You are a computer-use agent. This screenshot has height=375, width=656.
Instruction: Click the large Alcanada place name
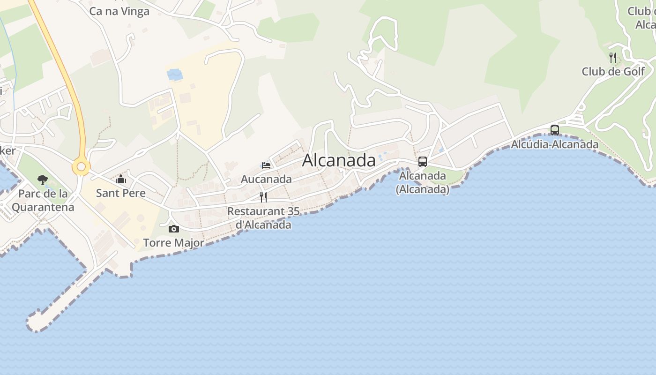(339, 160)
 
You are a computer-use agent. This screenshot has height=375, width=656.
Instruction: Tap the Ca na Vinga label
(119, 11)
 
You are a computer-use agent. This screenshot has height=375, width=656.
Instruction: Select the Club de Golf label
(613, 72)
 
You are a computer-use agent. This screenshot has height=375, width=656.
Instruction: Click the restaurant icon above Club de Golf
(613, 58)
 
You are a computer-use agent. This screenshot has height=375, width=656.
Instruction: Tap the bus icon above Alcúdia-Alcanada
(555, 130)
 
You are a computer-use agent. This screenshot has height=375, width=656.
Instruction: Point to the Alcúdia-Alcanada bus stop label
(555, 144)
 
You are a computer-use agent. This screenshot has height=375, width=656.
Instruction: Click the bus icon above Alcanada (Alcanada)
(423, 162)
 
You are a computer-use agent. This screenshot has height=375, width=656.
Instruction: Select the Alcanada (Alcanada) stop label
(423, 183)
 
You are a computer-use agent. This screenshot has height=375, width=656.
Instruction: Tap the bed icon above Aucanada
(266, 165)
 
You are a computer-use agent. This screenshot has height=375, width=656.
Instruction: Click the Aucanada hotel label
(266, 179)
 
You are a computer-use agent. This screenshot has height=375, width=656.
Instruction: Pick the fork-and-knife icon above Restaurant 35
(263, 197)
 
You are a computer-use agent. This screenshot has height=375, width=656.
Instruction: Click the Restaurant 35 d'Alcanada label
(263, 218)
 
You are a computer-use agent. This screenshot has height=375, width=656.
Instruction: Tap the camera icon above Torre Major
(174, 229)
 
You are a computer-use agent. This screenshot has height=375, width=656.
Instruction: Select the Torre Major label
(174, 243)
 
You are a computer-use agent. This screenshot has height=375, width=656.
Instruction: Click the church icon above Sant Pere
(121, 179)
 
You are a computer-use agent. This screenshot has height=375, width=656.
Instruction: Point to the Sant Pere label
(121, 193)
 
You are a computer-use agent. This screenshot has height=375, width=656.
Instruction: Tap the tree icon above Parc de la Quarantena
(43, 180)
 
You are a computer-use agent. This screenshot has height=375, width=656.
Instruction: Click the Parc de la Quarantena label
(43, 200)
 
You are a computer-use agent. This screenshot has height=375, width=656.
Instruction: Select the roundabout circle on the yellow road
(81, 166)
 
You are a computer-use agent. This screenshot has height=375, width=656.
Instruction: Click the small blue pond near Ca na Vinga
(175, 74)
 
